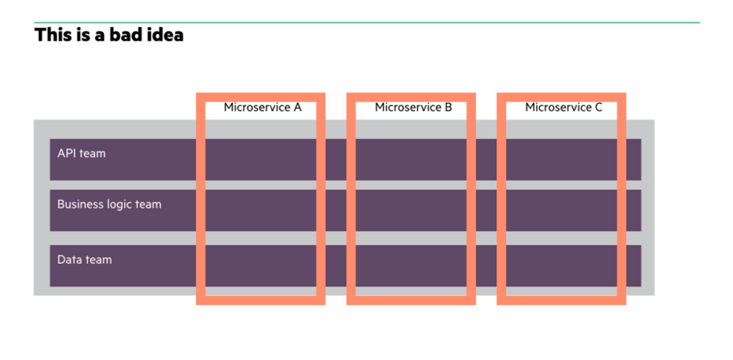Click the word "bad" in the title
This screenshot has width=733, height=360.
point(123,35)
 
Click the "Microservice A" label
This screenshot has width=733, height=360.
point(262,107)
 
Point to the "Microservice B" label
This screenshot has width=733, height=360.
point(413,107)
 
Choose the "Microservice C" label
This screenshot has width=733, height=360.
point(564,107)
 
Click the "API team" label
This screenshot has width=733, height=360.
point(81,153)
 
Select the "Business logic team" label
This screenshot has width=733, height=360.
point(110,204)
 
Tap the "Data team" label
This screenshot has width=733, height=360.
point(85,259)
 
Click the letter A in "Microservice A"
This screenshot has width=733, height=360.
point(297,107)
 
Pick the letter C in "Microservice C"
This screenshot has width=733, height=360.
point(598,107)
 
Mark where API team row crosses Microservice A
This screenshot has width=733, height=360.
point(261,159)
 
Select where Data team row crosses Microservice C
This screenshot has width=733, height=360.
point(562,265)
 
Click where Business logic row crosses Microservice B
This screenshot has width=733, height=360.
point(411,210)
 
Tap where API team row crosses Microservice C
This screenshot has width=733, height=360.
point(562,159)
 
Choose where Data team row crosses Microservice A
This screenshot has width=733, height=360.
point(261,265)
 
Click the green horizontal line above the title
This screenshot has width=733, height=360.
point(367,23)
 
